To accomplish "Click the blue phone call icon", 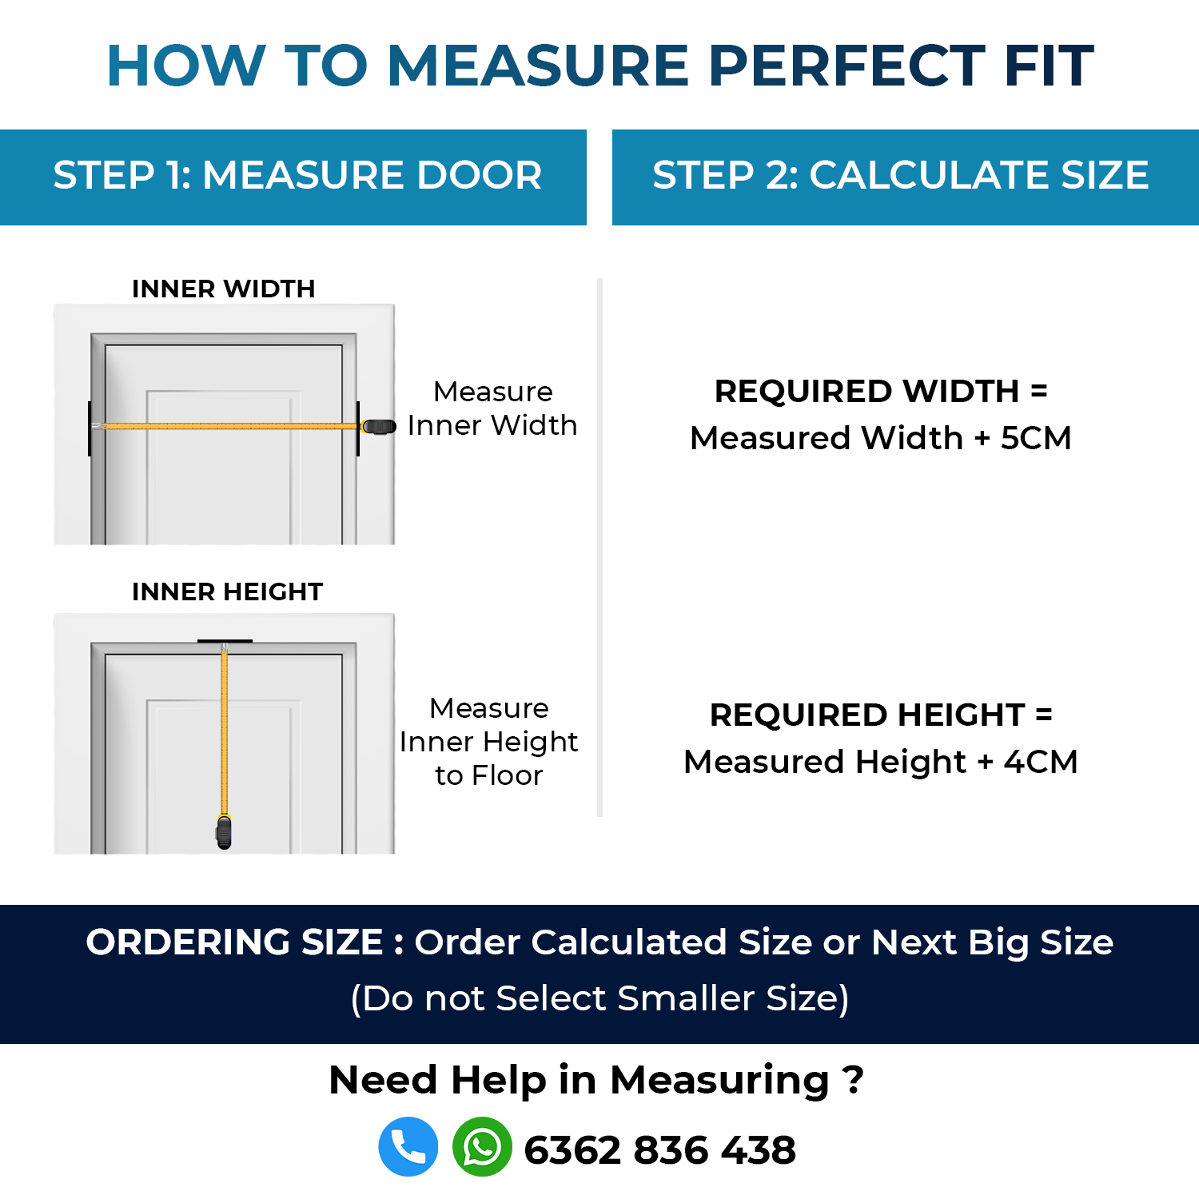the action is pos(408,1146).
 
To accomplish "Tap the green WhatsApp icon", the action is pos(482,1146).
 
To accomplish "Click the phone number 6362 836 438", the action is pos(660,1150).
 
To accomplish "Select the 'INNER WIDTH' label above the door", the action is pos(224,289).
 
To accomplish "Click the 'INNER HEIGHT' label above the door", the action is pos(228,592).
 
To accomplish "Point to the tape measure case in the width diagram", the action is pos(378,427).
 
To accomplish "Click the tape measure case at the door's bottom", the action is pos(224,831).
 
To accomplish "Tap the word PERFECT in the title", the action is pos(846,66).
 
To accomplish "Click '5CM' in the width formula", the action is pos(1036,438).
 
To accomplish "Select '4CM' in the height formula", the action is pos(1041,762).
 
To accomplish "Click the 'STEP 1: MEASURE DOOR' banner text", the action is pos(297,175).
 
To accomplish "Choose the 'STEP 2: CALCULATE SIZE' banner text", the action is pos(901,175).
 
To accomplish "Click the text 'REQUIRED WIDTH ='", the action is pos(881,392).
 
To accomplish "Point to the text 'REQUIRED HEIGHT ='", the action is pos(881,715).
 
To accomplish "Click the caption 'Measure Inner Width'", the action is pos(492,408).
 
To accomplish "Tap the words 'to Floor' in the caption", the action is pos(489,775).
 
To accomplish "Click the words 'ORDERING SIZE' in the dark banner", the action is pos(234,942).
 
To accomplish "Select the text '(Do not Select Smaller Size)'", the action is pos(599,998).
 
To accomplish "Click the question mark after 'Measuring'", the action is pos(854,1080).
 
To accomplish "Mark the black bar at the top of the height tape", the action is pos(225,641).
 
